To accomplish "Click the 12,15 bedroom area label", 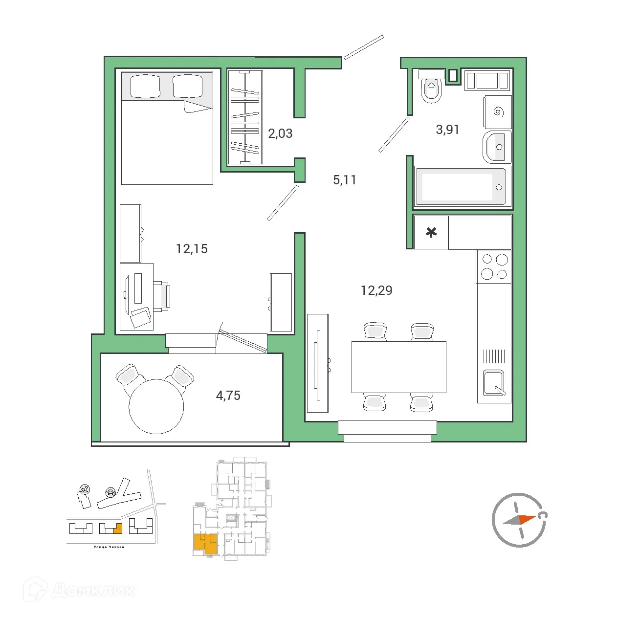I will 192,249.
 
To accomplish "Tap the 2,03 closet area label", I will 280,133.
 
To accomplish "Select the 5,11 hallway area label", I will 345,180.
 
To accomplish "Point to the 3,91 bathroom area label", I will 447,130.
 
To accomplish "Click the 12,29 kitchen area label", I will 376,290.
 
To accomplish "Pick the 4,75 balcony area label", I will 228,396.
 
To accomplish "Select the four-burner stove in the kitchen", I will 494,266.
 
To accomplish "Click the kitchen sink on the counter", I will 494,383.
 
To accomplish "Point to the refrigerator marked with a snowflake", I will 431,232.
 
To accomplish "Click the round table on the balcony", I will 156,406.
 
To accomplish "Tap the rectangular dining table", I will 398,367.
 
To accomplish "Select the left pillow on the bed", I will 145,86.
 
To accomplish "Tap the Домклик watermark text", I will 93,590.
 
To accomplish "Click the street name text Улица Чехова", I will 109,547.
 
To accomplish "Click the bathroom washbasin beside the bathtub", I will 497,147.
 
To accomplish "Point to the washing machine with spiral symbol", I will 498,112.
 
